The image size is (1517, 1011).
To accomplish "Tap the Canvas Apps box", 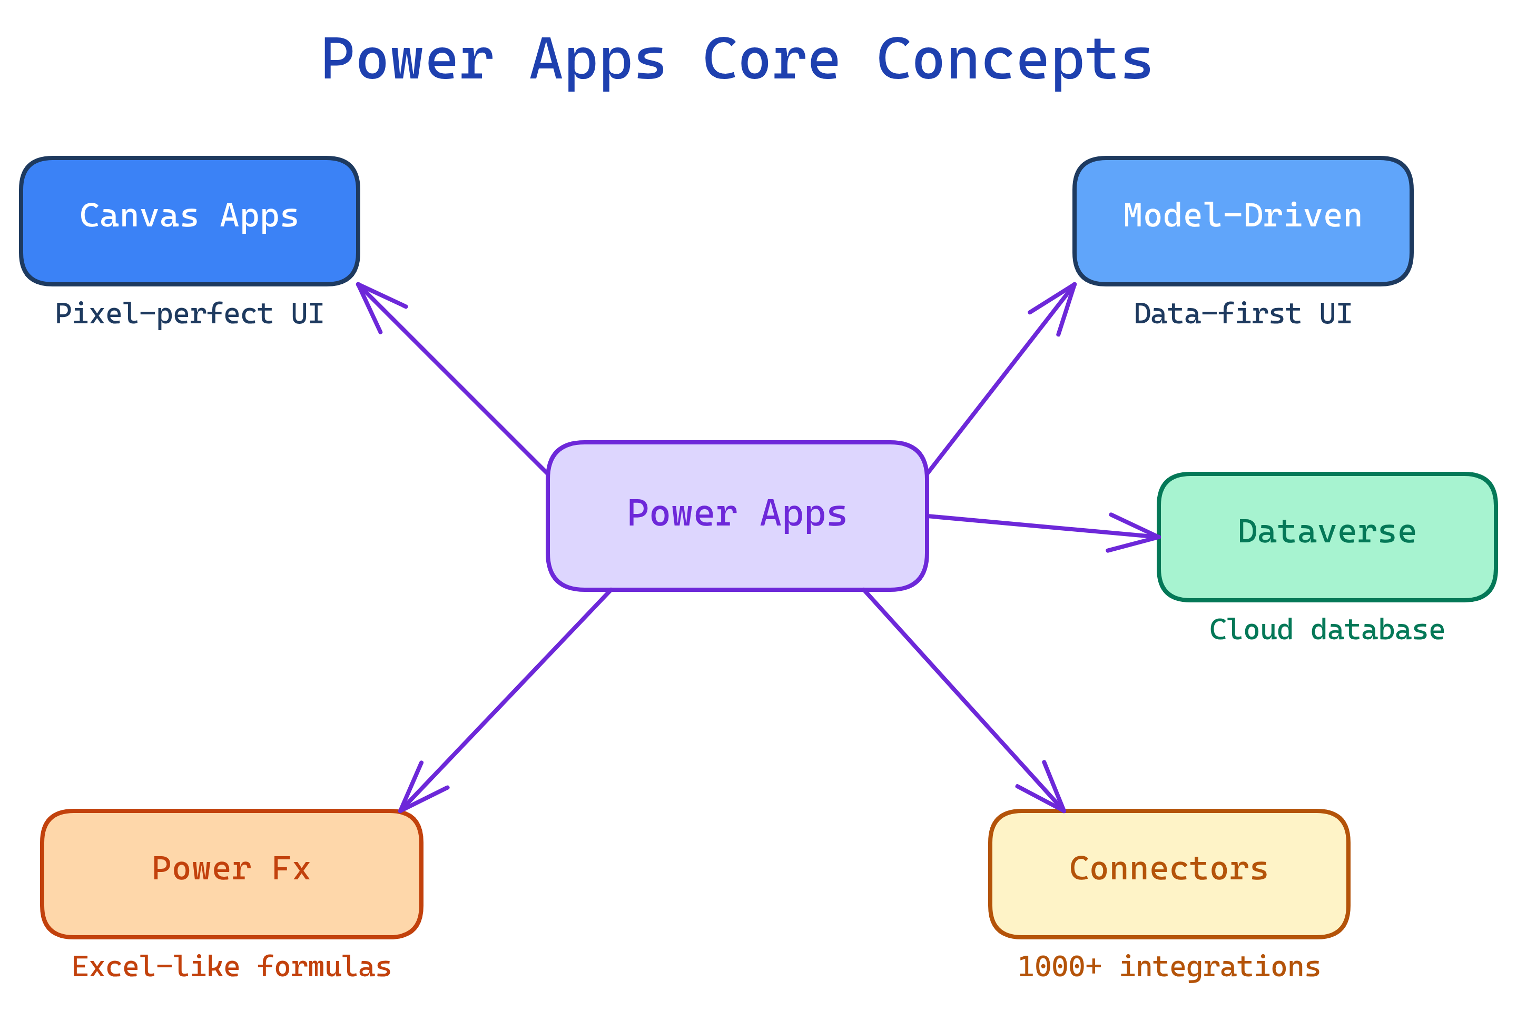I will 190,221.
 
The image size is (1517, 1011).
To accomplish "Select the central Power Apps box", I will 736,516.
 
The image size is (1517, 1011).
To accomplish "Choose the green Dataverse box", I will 1327,537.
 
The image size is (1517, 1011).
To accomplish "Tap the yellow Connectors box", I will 1169,874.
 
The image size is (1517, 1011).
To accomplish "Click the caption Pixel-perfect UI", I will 189,314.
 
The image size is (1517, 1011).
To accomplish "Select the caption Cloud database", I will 1327,630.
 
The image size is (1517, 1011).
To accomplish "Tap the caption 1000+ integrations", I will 1169,967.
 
